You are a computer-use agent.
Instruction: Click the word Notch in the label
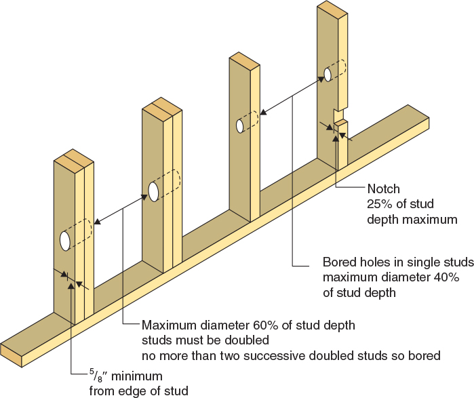tap(383, 188)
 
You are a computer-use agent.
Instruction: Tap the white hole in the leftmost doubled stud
tap(65, 240)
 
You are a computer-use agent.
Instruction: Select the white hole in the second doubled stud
tap(153, 192)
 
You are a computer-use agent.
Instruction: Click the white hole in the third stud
tap(239, 126)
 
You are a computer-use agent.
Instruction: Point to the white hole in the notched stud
tap(327, 73)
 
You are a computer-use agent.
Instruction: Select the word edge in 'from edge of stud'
tap(127, 391)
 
